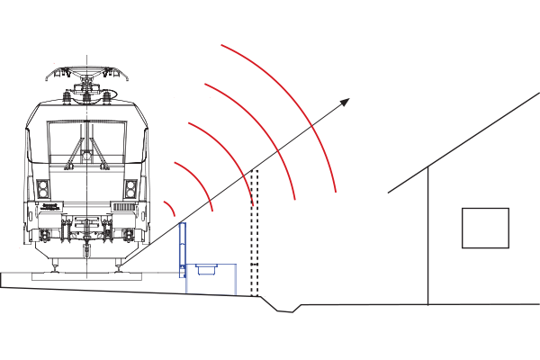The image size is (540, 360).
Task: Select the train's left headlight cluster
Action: (42, 190)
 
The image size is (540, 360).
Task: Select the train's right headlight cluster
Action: (131, 190)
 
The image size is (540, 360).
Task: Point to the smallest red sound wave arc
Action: (171, 208)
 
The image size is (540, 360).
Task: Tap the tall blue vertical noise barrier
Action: (183, 247)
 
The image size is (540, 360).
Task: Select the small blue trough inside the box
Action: (204, 269)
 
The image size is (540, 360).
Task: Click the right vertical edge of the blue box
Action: (235, 279)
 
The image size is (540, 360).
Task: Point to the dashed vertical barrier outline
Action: (254, 234)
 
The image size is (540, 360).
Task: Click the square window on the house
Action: (485, 228)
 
